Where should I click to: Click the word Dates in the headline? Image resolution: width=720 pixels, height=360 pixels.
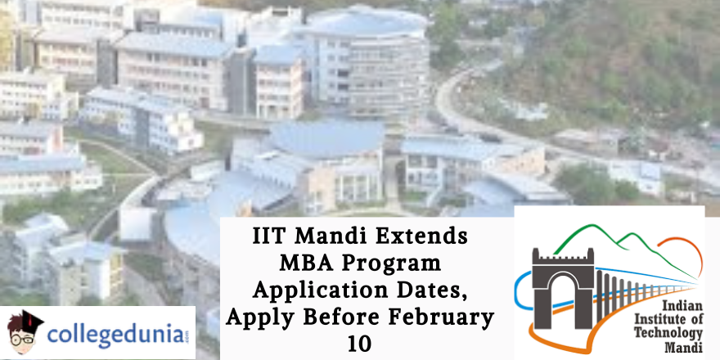[x=436, y=292]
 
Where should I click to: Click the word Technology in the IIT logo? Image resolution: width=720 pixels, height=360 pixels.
[x=671, y=333]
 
